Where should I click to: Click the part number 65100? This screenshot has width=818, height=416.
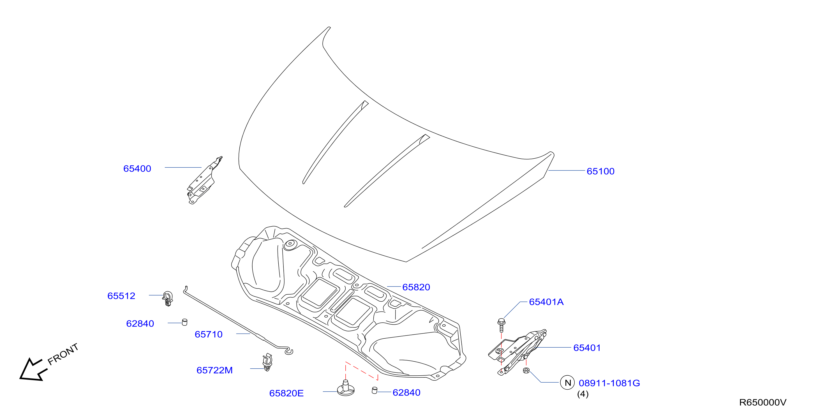coord(600,172)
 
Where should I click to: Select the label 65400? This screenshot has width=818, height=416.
coord(137,169)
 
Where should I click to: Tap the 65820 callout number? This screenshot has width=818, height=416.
coord(416,287)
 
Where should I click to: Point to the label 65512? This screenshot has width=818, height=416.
coord(121,296)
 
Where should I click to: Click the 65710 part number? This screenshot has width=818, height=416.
coord(209,334)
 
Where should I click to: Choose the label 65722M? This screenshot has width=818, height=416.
coord(215,370)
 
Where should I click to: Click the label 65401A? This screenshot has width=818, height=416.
coord(546,302)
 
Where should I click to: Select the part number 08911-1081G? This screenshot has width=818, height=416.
coord(609,383)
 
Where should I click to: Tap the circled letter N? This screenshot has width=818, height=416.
coord(568,383)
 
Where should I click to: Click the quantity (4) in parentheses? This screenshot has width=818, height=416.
coord(583,394)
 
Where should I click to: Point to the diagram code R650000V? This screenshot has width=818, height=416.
coord(763,402)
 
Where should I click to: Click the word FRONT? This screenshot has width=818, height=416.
coord(63,354)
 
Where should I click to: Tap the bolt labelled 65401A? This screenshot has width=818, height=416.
coord(502,325)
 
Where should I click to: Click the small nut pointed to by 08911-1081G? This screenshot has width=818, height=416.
coord(526,370)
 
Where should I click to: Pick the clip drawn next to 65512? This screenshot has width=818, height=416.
coord(167,299)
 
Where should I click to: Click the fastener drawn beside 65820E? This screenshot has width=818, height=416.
coord(345,388)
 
